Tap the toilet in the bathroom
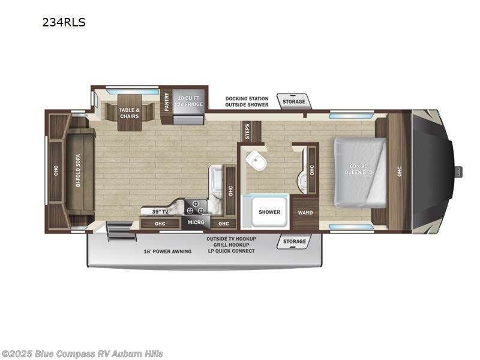pos(256,160)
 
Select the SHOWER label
pos(269,212)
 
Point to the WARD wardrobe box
pos(305,212)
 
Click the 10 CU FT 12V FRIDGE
pos(189,101)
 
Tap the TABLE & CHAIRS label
pos(129,112)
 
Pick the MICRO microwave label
pos(196,223)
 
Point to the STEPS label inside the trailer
pos(247,131)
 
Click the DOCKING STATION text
pos(247,98)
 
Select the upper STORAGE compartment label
pos(294,102)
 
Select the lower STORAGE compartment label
pos(294,241)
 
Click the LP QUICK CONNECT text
pos(231,251)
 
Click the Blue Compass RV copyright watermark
pos(82,354)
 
